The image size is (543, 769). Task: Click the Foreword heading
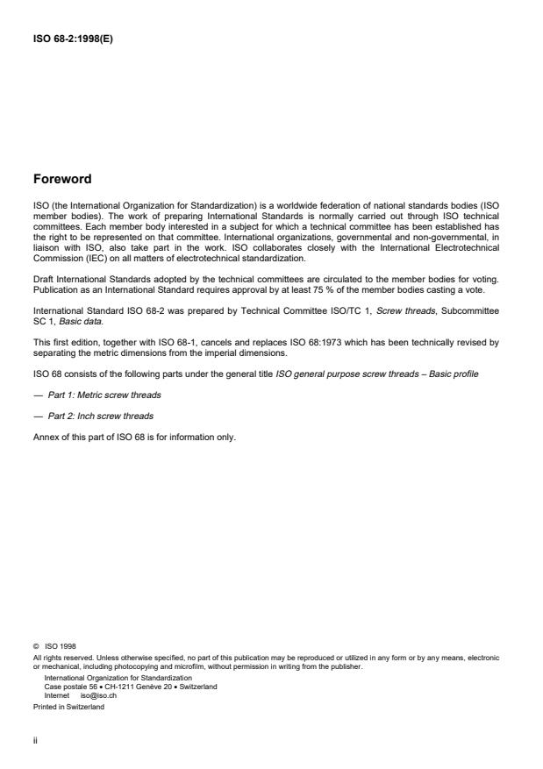[61, 179]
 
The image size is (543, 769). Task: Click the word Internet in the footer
[57, 694]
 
